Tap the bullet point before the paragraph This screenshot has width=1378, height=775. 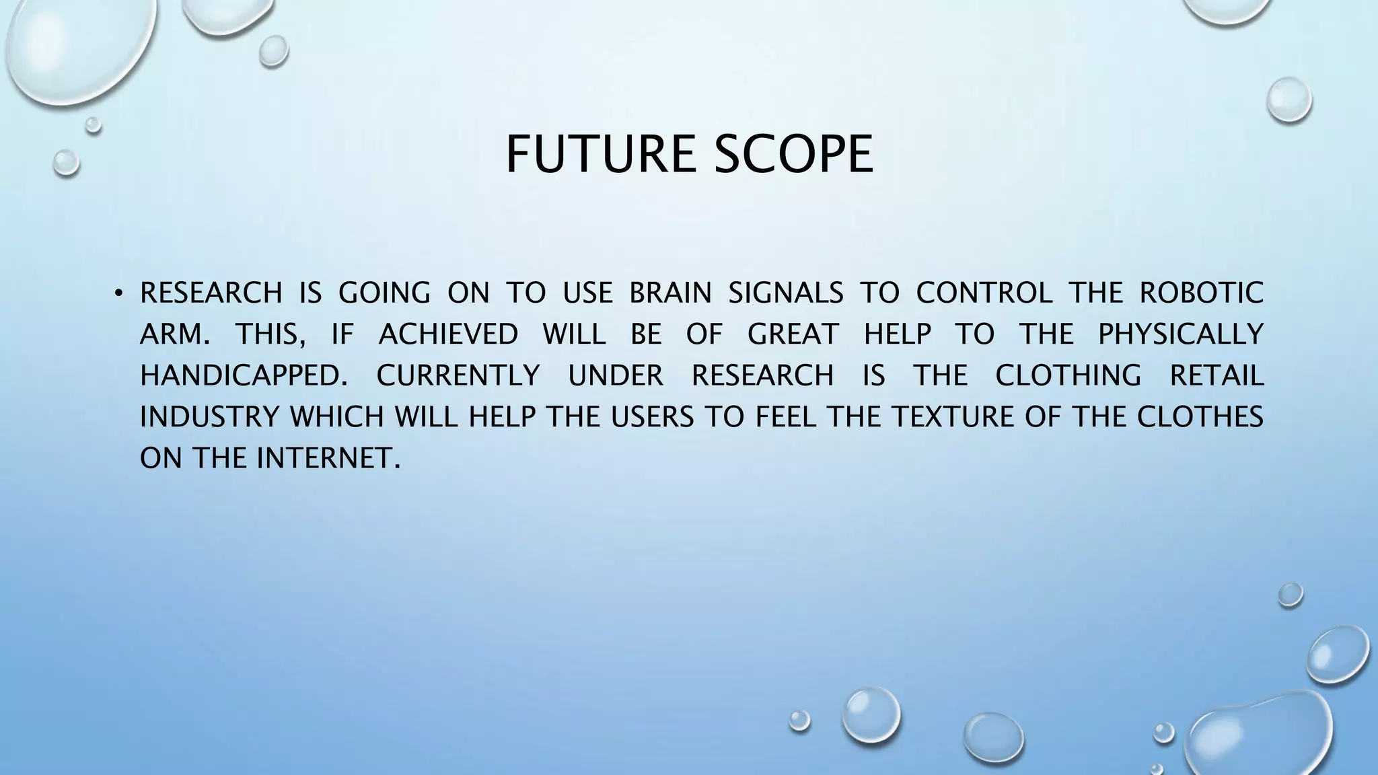coord(118,293)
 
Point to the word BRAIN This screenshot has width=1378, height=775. coord(670,293)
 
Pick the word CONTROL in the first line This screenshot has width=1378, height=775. coord(984,293)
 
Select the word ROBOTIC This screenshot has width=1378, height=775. coord(1201,293)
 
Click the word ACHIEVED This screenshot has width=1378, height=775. coord(449,334)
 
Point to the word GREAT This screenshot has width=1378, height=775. coord(793,334)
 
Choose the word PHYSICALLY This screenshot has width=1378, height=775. coord(1181,334)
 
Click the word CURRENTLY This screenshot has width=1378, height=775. coord(458,375)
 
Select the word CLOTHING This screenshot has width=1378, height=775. coord(1068,375)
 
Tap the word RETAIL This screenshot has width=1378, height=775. coord(1217,375)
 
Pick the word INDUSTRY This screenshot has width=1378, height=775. coord(209,417)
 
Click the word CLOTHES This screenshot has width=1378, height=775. coord(1200,417)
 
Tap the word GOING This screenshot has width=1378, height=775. coord(384,293)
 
